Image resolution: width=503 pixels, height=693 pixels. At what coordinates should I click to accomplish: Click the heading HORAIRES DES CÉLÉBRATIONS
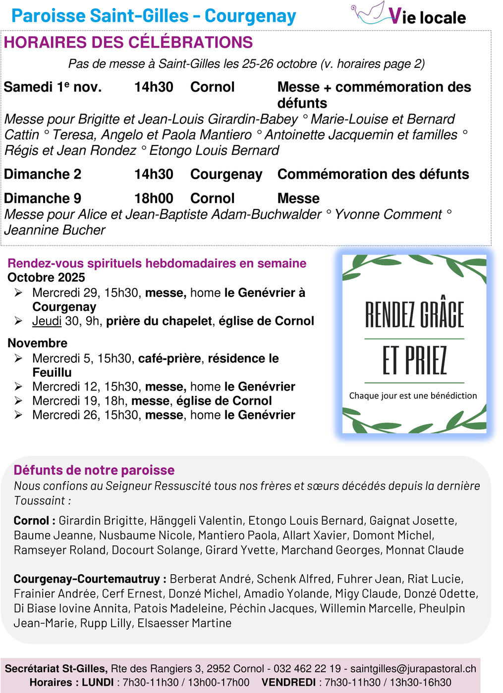[x=128, y=43]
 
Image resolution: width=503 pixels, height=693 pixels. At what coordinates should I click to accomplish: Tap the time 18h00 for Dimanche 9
[x=154, y=198]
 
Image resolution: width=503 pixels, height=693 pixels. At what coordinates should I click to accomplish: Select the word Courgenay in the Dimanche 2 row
[x=226, y=174]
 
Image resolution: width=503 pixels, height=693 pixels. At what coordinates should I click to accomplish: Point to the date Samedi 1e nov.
[x=53, y=87]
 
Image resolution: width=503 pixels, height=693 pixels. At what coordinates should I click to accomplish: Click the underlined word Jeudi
[x=47, y=321]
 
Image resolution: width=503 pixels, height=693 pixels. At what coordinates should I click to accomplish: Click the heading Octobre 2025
[x=46, y=278]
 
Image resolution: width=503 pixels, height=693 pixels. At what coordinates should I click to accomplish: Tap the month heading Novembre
[x=37, y=343]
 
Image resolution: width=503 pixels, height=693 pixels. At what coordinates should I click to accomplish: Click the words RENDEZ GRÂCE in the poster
[x=414, y=315]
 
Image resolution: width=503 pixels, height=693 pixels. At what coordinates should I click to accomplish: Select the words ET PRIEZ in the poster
[x=414, y=360]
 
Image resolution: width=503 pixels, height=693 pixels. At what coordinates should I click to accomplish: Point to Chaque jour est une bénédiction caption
[x=413, y=396]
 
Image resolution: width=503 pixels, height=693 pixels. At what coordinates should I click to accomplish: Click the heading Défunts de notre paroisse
[x=94, y=470]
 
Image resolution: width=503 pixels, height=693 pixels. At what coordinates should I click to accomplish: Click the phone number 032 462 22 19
[x=307, y=669]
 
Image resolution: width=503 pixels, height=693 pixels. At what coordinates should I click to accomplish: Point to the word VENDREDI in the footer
[x=288, y=683]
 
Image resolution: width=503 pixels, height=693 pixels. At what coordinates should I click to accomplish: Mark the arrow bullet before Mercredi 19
[x=18, y=401]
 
